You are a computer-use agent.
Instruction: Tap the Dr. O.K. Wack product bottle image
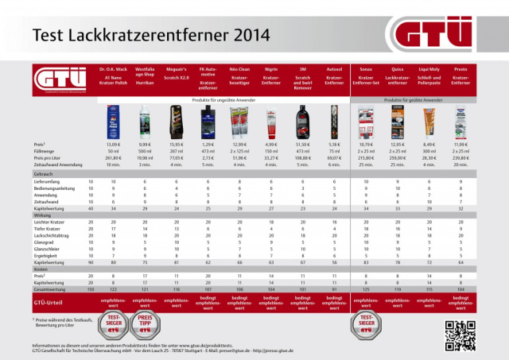(x=112, y=124)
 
